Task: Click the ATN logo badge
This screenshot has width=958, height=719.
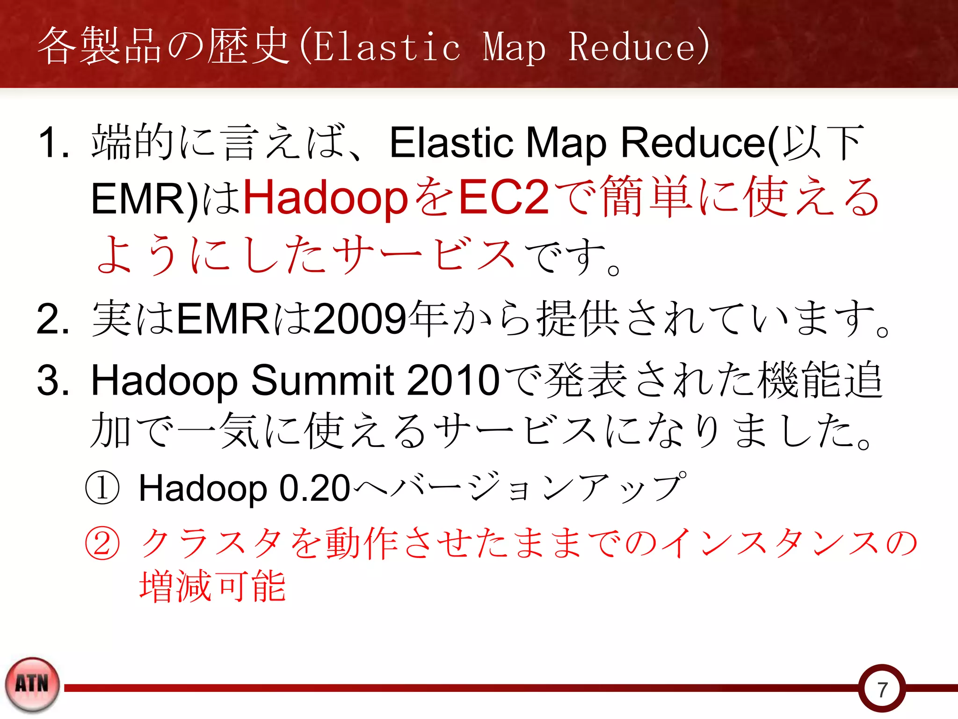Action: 32,684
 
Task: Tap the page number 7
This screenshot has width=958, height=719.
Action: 882,690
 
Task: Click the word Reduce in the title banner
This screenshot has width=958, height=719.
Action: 633,47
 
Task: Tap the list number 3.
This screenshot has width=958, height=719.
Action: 52,380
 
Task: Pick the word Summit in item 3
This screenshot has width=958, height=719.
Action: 323,380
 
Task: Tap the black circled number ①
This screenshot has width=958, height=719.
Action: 102,488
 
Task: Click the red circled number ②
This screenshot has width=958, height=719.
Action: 102,544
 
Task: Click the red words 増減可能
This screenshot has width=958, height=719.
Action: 213,586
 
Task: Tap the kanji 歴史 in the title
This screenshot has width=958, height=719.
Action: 248,46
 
